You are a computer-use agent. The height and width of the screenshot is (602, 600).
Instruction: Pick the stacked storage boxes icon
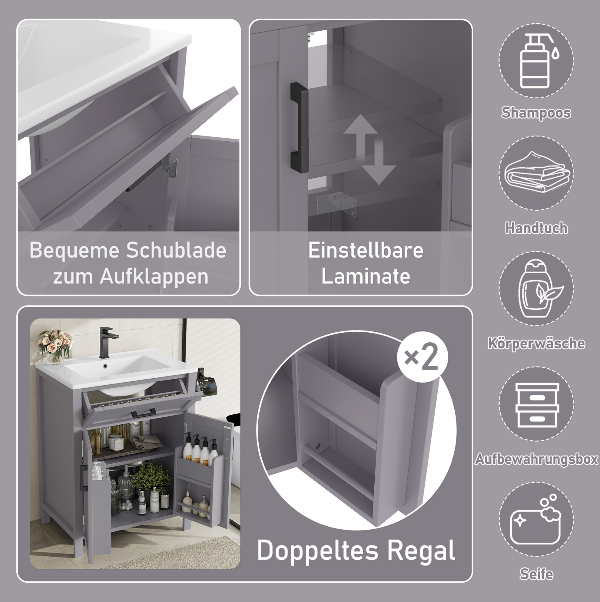pos(537,405)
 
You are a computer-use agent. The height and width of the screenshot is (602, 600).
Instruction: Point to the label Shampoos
pos(536,112)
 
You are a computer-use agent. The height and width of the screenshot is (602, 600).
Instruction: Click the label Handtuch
pos(536,228)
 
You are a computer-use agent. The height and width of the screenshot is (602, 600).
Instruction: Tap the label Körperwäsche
pos(536,343)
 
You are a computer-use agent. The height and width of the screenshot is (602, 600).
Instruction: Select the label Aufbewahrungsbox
pos(536,459)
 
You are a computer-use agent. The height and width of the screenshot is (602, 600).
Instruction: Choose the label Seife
pos(536,574)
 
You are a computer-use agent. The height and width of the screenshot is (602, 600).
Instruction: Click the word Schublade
pos(176,250)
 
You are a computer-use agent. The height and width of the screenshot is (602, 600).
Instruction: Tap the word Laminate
pos(366,276)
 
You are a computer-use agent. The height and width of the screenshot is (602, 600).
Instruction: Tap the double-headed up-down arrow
pos(370,150)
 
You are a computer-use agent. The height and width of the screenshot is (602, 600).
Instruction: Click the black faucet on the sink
pos(108,342)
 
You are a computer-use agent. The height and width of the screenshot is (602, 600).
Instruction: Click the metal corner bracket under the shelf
pos(337,204)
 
